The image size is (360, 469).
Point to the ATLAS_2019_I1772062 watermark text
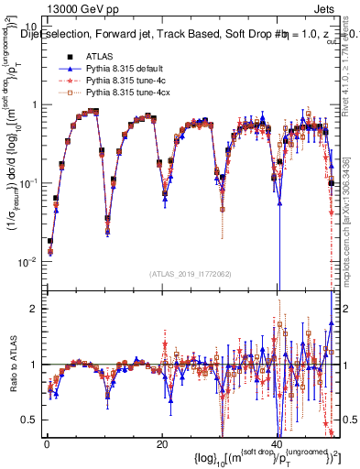pos(191,273)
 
